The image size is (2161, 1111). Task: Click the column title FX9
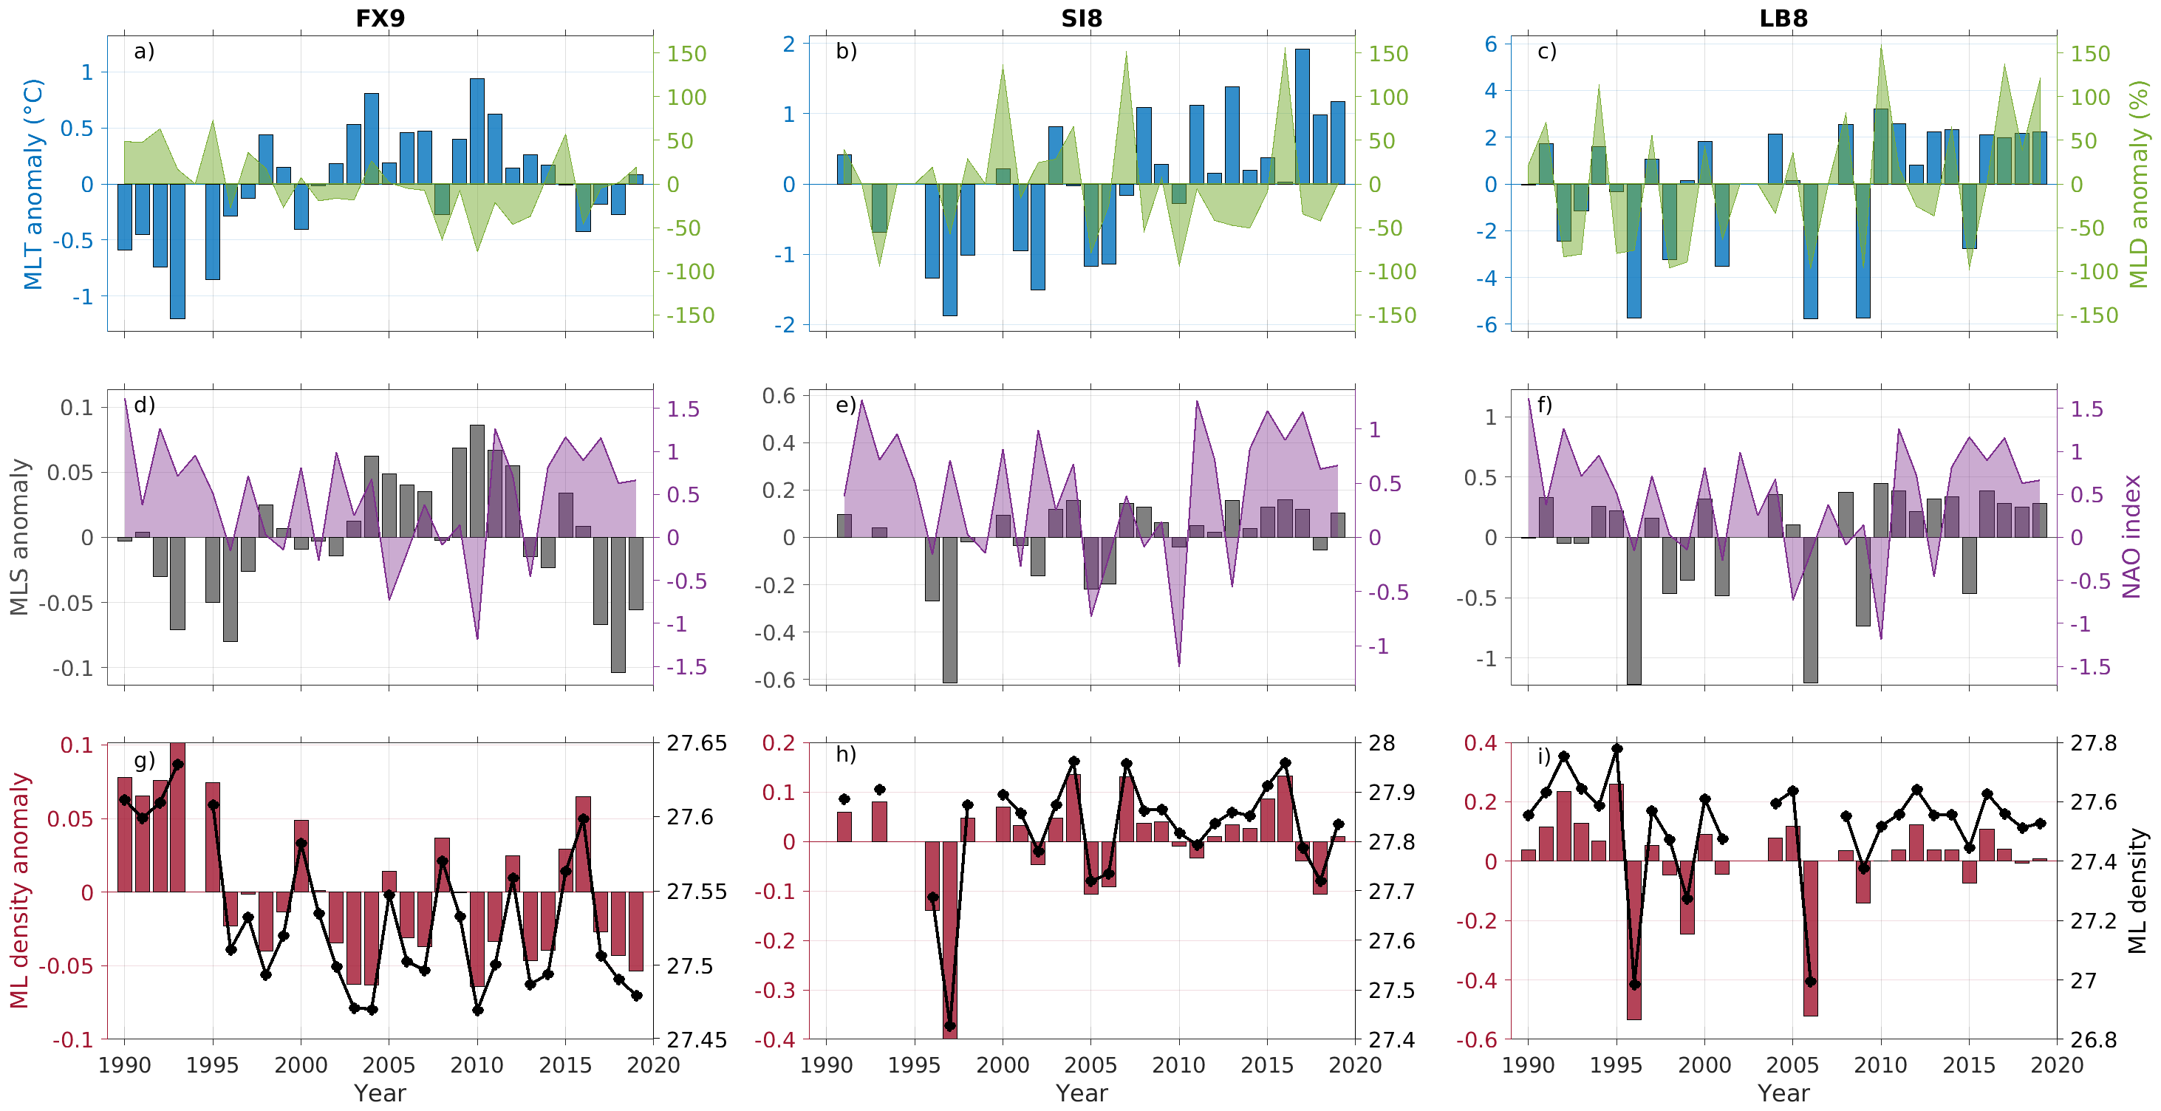380,18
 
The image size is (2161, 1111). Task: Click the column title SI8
1082,18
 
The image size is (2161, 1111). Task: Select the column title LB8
1783,18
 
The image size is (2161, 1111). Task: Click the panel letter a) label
144,51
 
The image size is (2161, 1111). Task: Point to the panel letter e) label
846,406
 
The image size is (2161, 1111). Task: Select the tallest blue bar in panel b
1302,117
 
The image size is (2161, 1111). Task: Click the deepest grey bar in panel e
949,609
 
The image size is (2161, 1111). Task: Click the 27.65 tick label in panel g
696,744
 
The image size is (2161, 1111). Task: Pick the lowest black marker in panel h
949,1025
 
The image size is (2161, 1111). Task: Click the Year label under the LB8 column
1783,1093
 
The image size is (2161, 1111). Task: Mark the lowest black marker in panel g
477,1011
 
